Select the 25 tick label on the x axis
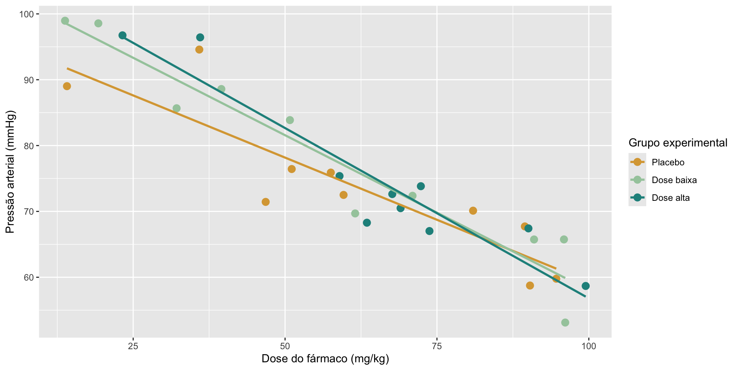(133, 346)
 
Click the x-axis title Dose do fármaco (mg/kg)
(325, 359)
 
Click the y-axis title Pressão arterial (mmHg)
(10, 172)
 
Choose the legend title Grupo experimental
(677, 143)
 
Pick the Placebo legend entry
(668, 162)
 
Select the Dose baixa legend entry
(674, 180)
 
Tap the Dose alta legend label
(670, 198)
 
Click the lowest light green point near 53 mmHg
(565, 323)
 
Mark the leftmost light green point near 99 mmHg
(65, 21)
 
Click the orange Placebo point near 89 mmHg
(67, 86)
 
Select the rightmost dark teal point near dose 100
(585, 286)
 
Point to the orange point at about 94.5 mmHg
(199, 50)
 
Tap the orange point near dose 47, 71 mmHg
(266, 202)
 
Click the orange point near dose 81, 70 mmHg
(473, 211)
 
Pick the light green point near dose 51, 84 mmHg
(290, 120)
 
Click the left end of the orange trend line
(67, 68)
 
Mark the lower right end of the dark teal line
(585, 296)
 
